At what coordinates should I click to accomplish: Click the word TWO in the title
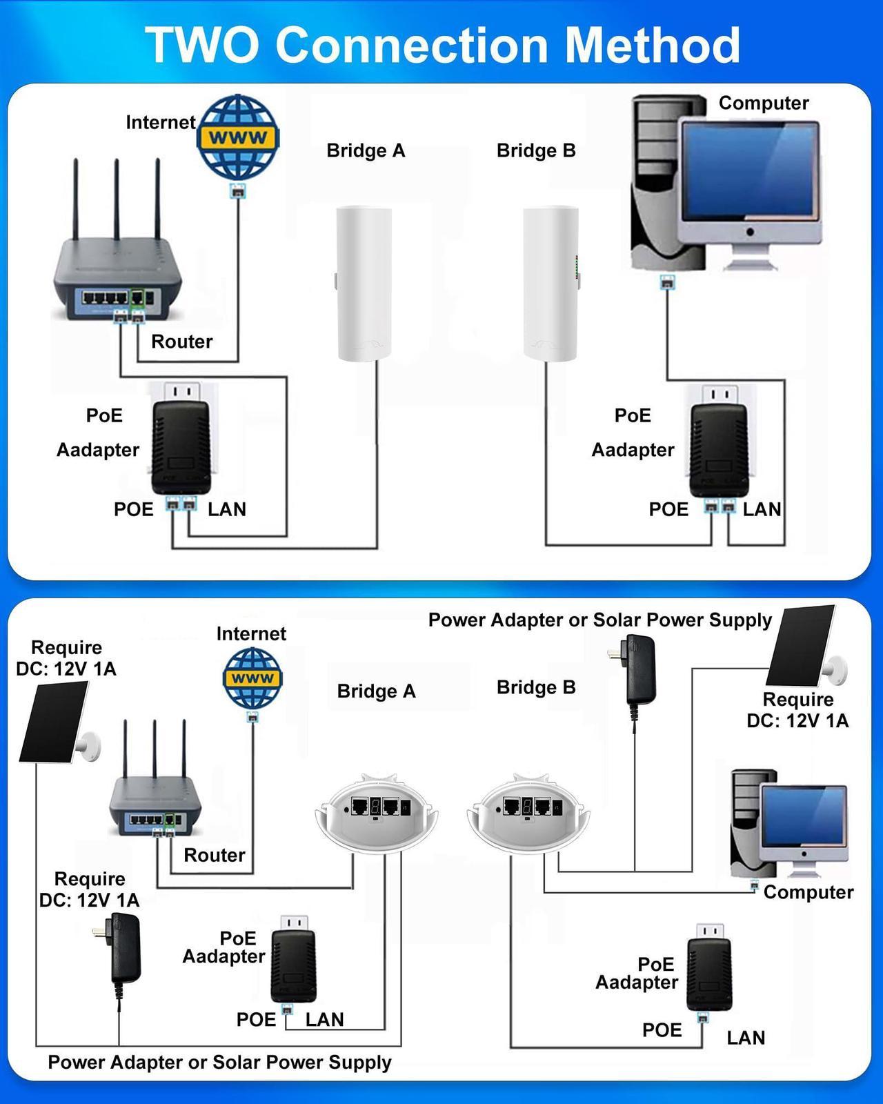pyautogui.click(x=202, y=46)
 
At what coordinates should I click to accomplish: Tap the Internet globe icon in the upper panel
pyautogui.click(x=238, y=137)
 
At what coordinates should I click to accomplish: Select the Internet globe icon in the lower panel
pyautogui.click(x=252, y=679)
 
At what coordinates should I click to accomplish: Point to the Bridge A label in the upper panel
pyautogui.click(x=366, y=150)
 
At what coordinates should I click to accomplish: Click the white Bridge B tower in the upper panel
pyautogui.click(x=550, y=283)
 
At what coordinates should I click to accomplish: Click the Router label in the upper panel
pyautogui.click(x=181, y=342)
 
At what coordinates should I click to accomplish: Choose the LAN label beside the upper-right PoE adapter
pyautogui.click(x=762, y=509)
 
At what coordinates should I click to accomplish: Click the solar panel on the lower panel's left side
pyautogui.click(x=54, y=721)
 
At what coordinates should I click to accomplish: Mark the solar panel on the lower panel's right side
pyautogui.click(x=801, y=646)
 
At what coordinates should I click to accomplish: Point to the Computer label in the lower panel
pyautogui.click(x=808, y=892)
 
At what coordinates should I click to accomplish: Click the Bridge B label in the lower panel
pyautogui.click(x=536, y=687)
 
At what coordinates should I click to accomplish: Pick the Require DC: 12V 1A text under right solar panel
pyautogui.click(x=797, y=710)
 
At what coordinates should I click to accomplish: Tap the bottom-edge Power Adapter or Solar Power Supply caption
pyautogui.click(x=219, y=1063)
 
